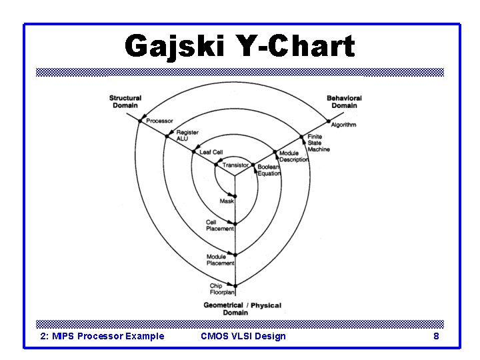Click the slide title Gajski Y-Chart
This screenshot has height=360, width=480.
239,47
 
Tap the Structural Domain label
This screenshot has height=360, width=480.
125,102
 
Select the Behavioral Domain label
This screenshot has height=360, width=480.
344,102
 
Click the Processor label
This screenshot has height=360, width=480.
160,121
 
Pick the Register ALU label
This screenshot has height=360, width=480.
187,136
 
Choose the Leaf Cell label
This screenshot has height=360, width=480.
211,152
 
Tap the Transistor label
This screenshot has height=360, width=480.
236,165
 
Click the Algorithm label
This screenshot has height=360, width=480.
343,125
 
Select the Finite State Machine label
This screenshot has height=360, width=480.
318,143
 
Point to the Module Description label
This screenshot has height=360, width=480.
294,157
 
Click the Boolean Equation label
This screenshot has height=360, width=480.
269,170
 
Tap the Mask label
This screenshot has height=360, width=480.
227,201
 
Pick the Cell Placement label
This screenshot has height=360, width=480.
220,225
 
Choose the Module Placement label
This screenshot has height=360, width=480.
220,260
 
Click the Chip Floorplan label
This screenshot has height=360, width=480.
221,289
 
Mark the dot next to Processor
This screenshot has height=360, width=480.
141,121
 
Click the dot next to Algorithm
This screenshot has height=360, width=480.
329,121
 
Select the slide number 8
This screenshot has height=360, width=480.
435,336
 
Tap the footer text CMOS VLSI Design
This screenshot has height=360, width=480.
243,336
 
